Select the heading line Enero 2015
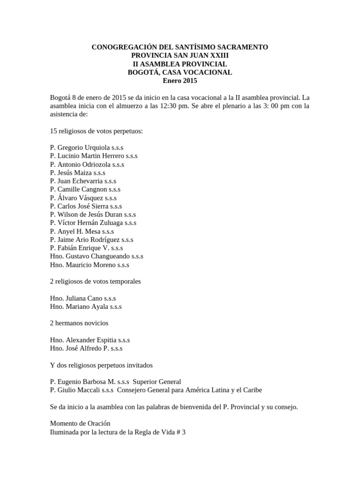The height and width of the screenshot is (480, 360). pos(180,81)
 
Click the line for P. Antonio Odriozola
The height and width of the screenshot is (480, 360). pos(87,165)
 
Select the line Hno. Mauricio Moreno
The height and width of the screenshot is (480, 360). pos(90,265)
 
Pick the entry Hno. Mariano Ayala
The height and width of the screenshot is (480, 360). pos(86,307)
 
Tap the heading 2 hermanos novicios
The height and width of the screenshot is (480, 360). pos(79,323)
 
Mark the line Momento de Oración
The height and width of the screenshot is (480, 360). pos(80,424)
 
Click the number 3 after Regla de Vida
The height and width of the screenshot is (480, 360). pos(184,432)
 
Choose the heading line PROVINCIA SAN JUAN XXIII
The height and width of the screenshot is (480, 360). pos(180,56)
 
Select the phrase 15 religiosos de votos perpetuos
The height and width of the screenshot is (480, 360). pos(96,131)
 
